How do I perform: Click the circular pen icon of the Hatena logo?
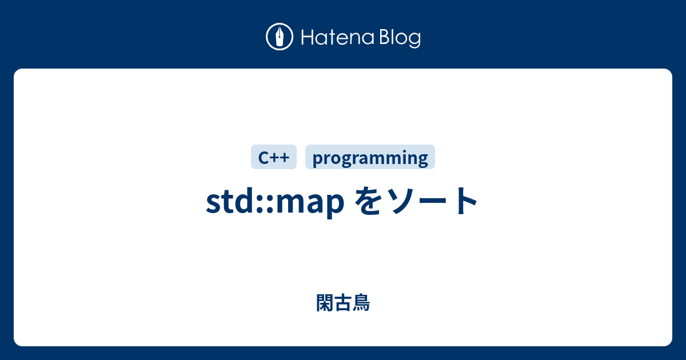pos(280,38)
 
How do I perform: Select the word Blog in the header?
pos(399,38)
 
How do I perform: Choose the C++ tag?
pos(274,157)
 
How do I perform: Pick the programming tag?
pos(370,158)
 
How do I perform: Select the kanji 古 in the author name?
pos(343,303)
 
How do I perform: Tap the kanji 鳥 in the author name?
pos(361,303)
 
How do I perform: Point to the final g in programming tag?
pos(423,159)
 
